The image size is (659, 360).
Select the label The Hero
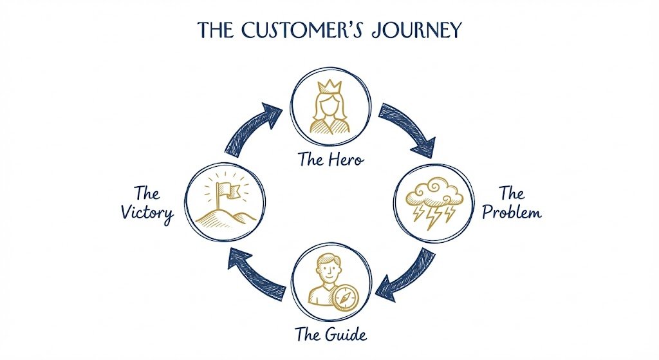click(330, 158)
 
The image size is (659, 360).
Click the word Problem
click(512, 213)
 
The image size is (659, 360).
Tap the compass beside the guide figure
click(345, 297)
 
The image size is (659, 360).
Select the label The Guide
click(331, 334)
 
